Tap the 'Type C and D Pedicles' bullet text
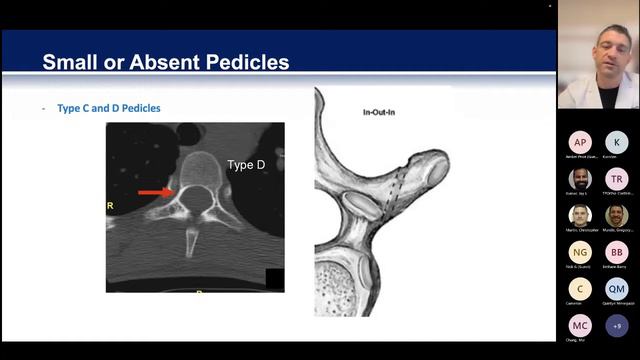tap(108, 108)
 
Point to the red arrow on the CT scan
tap(152, 191)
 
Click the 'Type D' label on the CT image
tap(246, 164)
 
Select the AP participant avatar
tap(581, 142)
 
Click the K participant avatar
tap(617, 142)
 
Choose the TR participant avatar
tap(617, 179)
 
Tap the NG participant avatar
tap(581, 252)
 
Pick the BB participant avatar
tap(617, 252)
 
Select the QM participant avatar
tap(617, 288)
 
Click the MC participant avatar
tap(581, 325)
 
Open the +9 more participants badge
tap(617, 325)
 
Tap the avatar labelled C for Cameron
tap(581, 288)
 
